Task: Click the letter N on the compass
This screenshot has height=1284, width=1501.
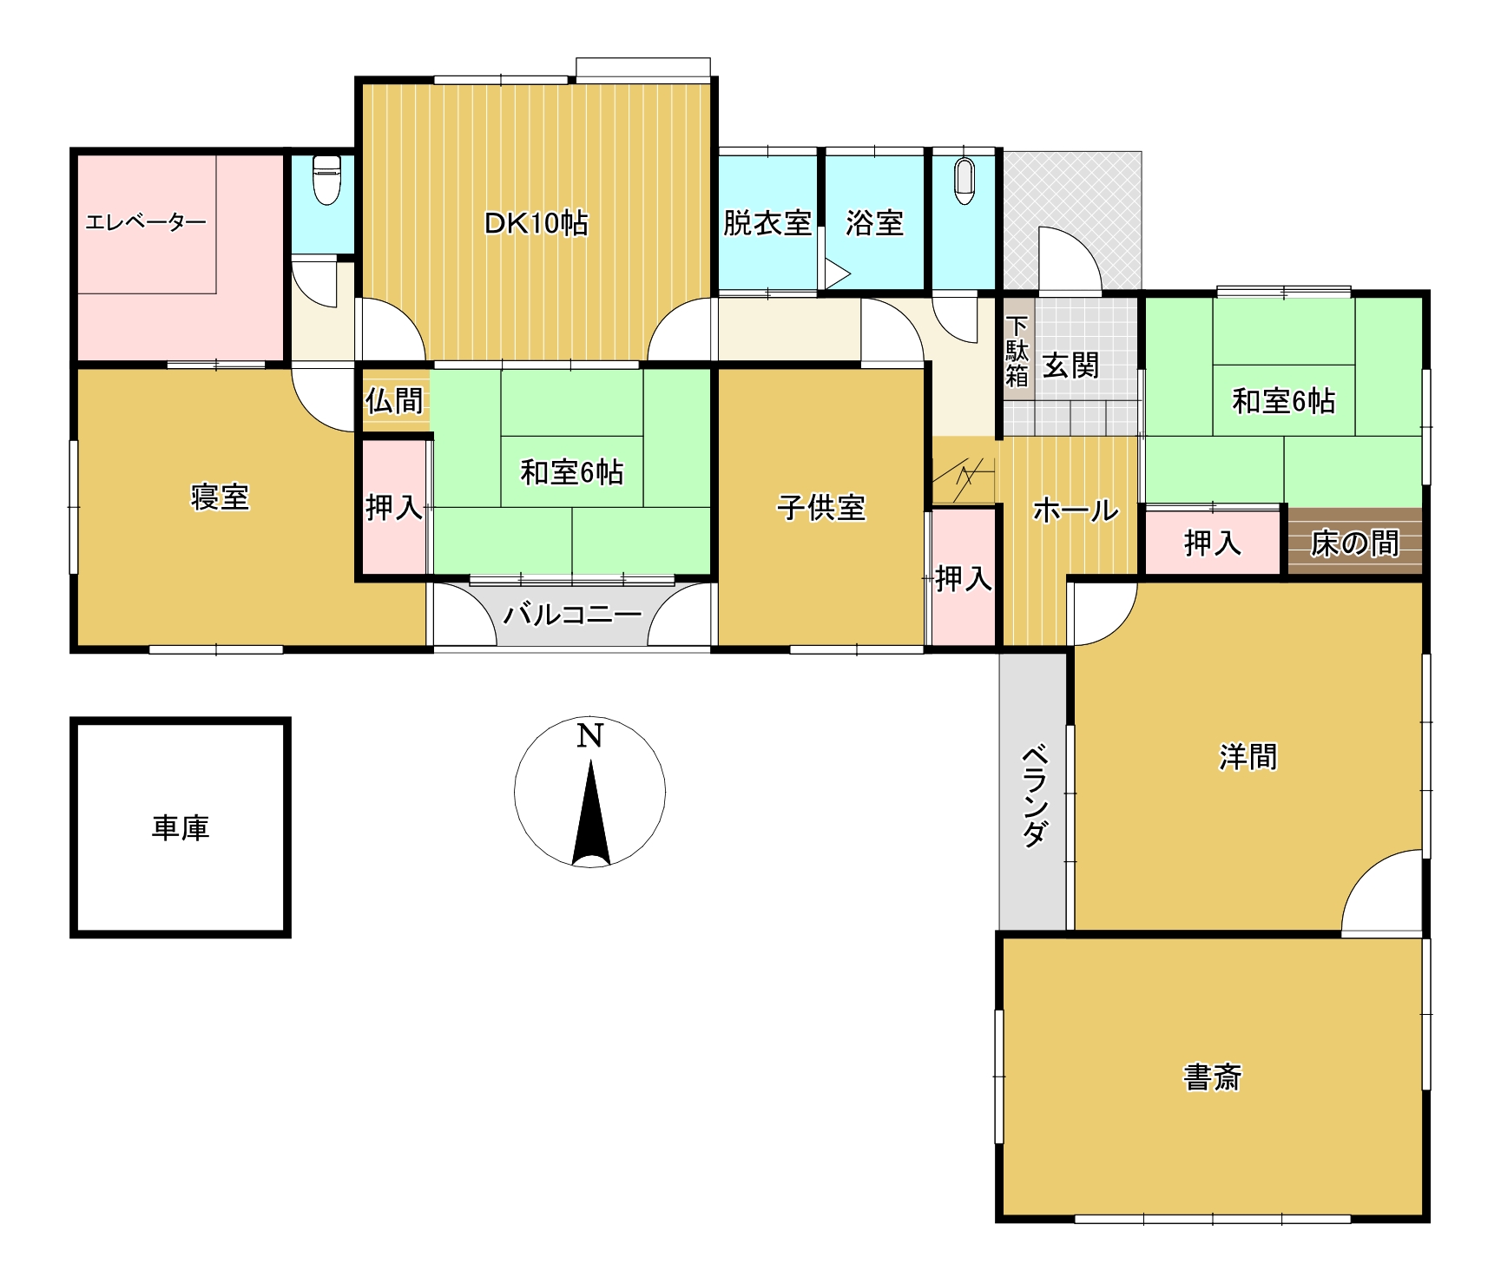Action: [x=589, y=735]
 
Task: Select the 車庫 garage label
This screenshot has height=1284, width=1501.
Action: [x=181, y=827]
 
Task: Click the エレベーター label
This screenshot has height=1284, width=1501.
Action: [x=146, y=222]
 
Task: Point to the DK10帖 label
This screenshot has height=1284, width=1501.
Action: [x=536, y=223]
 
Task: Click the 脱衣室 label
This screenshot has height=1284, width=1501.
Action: [x=767, y=223]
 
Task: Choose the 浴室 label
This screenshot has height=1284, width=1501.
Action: [x=874, y=223]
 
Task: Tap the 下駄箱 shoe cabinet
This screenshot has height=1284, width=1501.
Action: [x=1017, y=351]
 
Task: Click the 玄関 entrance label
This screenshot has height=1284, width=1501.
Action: [x=1070, y=365]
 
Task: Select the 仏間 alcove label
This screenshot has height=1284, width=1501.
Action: [x=394, y=400]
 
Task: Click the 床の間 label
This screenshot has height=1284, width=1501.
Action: [x=1354, y=543]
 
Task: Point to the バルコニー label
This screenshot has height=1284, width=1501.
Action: [x=572, y=615]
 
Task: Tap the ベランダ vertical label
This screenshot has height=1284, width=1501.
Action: [x=1033, y=794]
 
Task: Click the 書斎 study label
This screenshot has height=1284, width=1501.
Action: [x=1212, y=1077]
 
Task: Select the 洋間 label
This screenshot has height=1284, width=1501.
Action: [x=1248, y=757]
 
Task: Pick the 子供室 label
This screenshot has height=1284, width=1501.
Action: [x=820, y=508]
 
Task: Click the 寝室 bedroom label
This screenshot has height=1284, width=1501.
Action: [x=220, y=497]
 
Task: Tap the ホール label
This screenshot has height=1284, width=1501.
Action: [x=1075, y=510]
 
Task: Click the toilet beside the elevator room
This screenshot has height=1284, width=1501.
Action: [x=326, y=179]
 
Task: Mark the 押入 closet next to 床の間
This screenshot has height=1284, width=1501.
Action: [x=1212, y=543]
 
